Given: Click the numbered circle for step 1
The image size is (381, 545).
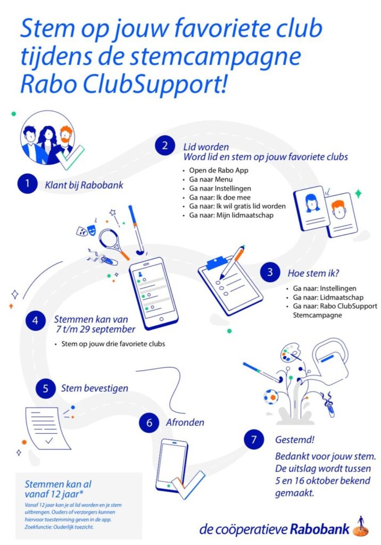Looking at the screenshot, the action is click(x=28, y=183).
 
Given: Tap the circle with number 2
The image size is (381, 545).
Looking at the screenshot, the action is click(x=165, y=145).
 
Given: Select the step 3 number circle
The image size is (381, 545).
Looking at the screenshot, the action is click(x=270, y=272).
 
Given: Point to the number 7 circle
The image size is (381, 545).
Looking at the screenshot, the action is click(x=254, y=440).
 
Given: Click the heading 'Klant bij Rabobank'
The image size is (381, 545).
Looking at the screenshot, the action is click(x=84, y=185).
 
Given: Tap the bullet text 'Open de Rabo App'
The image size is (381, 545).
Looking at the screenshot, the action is click(x=219, y=170).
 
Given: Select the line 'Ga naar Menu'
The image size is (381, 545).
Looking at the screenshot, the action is click(x=211, y=179).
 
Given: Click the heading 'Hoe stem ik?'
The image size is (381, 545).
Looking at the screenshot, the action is click(x=313, y=273).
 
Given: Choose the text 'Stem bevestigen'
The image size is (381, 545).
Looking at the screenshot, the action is click(x=95, y=388).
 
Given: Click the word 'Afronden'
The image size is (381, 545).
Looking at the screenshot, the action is click(x=185, y=422).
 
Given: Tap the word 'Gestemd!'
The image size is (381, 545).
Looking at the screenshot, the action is click(x=295, y=440).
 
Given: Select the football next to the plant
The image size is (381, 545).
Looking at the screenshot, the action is click(x=271, y=397).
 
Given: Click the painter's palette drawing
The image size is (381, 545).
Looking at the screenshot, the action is click(x=290, y=352).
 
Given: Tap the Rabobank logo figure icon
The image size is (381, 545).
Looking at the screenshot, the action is click(x=361, y=526).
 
